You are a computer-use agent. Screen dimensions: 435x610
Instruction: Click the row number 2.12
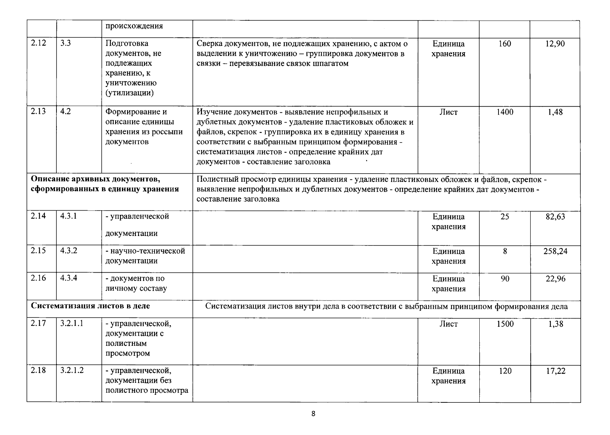pos(38,43)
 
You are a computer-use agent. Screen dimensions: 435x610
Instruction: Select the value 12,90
pos(555,44)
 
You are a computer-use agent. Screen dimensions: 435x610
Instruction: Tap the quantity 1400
pos(505,112)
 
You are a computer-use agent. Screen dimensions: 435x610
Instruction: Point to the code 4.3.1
pos(68,216)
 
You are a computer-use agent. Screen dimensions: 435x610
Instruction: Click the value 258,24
pos(555,251)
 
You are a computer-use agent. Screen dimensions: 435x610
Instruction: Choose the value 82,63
pos(555,216)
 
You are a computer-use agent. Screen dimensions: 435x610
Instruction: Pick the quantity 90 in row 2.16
pos(505,278)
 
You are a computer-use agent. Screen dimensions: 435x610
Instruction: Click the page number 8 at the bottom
pos(314,414)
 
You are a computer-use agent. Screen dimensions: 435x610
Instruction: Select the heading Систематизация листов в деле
pos(90,306)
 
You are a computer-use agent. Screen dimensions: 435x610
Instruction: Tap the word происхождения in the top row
pos(134,26)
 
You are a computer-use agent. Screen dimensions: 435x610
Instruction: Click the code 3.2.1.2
pos(72,370)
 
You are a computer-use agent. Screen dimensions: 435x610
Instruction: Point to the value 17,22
pos(555,371)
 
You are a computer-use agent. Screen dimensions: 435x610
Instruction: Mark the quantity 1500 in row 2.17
pos(505,324)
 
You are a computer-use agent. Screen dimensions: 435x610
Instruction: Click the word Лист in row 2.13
pos(449,112)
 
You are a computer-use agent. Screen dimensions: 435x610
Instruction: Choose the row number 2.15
pos(38,250)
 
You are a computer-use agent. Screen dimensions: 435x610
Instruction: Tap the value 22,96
pos(555,278)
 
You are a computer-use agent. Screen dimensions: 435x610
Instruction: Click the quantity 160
pos(505,44)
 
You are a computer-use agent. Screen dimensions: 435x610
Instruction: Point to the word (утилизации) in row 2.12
pos(129,93)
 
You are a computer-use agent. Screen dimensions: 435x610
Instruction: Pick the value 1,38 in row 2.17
pos(555,324)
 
